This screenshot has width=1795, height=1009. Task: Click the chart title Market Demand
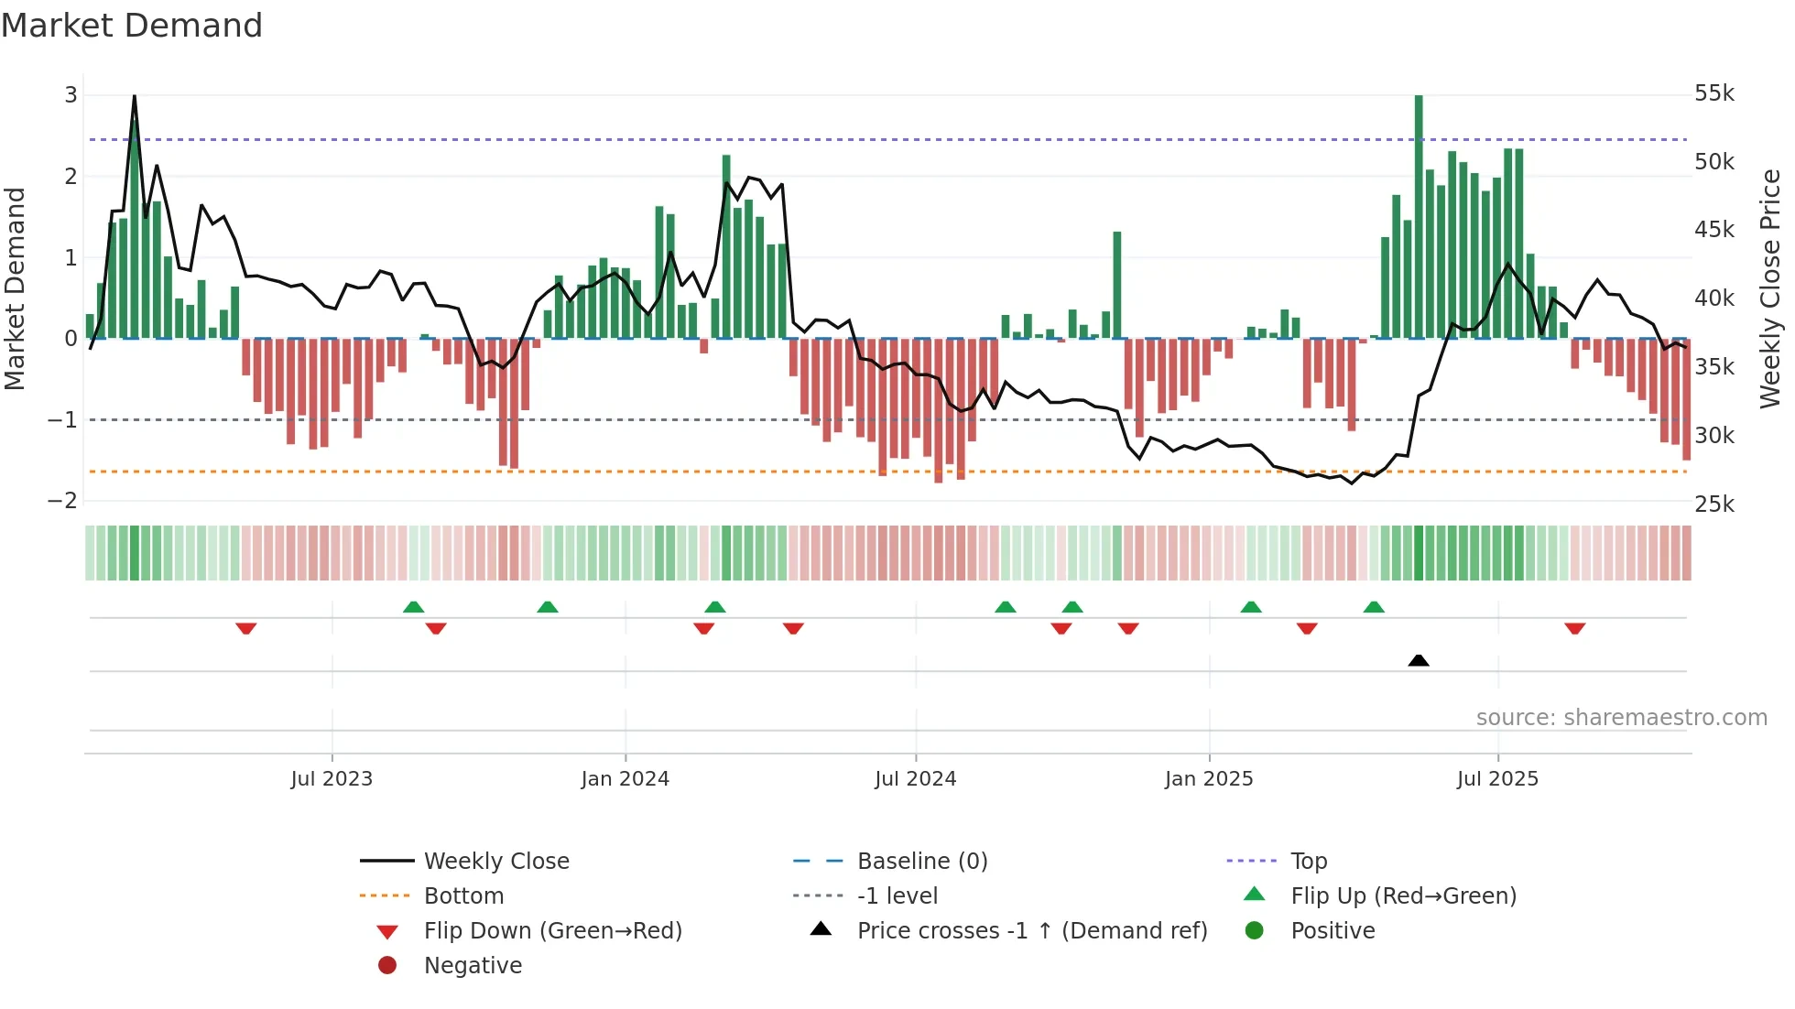pyautogui.click(x=132, y=26)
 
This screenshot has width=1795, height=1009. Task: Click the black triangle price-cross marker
pyautogui.click(x=1418, y=660)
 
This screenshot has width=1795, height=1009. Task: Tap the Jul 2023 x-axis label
pyautogui.click(x=332, y=779)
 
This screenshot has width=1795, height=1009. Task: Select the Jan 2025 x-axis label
pyautogui.click(x=1208, y=779)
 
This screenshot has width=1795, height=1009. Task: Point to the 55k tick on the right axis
pyautogui.click(x=1713, y=93)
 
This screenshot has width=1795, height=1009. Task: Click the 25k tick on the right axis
pyautogui.click(x=1713, y=504)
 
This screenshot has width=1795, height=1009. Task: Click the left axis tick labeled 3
pyautogui.click(x=71, y=94)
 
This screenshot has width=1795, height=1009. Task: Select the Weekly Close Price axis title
pyautogui.click(x=1770, y=288)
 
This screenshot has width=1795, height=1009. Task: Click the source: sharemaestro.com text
pyautogui.click(x=1621, y=718)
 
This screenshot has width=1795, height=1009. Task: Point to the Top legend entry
pyautogui.click(x=1308, y=862)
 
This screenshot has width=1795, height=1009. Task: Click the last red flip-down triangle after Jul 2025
pyautogui.click(x=1574, y=628)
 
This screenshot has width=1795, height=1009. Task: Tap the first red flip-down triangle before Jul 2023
pyautogui.click(x=245, y=628)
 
